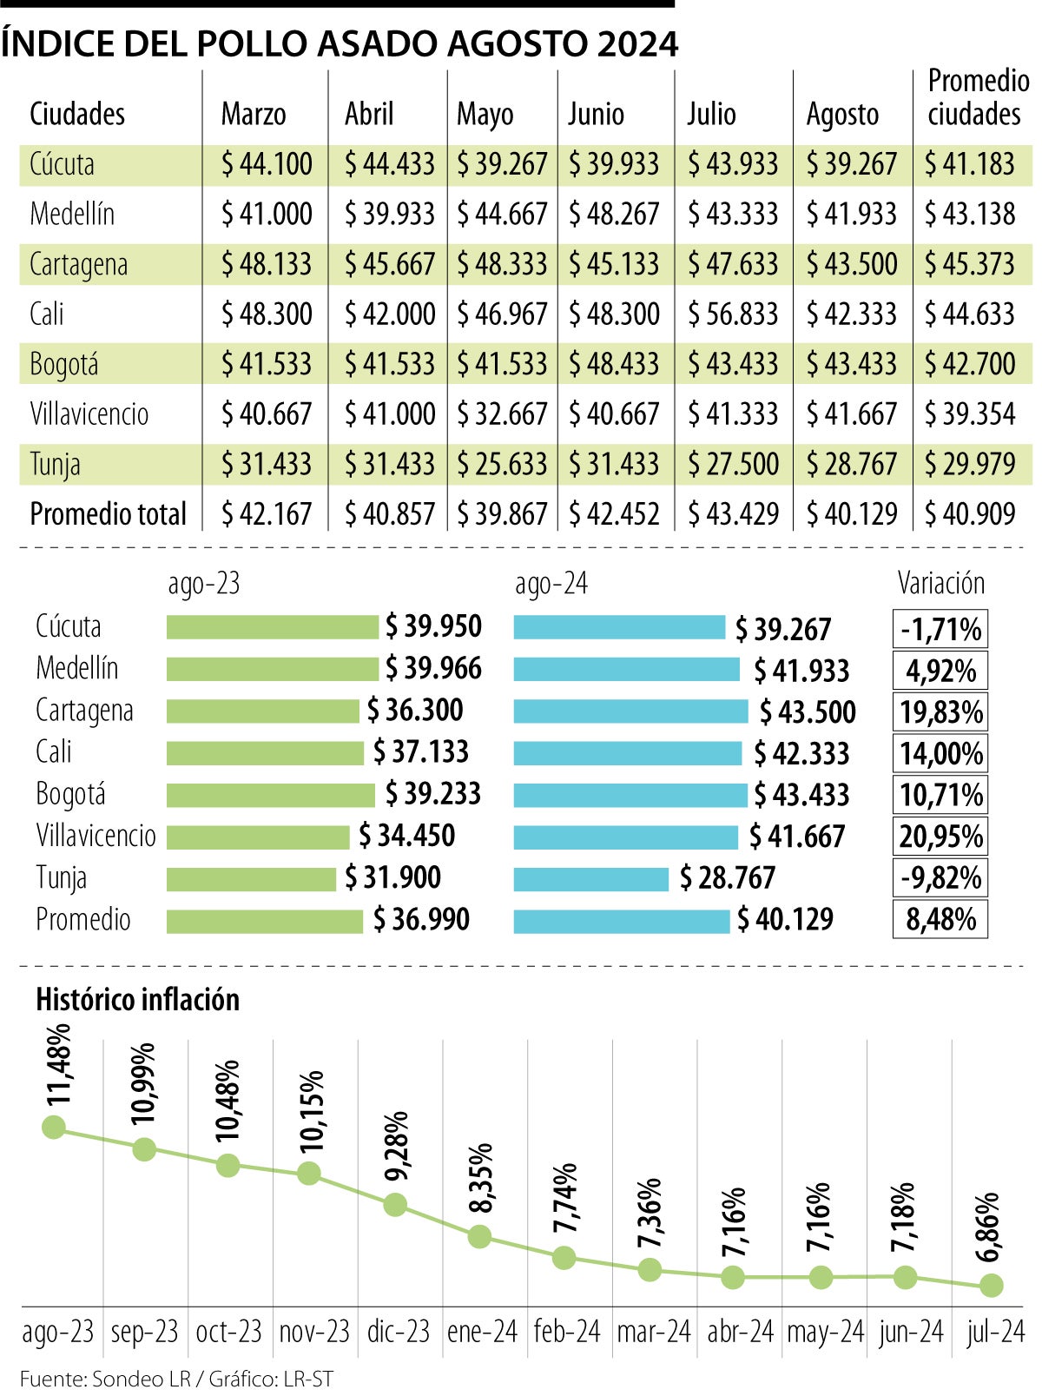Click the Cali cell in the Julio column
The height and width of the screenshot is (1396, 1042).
pyautogui.click(x=733, y=314)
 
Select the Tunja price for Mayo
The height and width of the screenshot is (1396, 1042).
pyautogui.click(x=503, y=465)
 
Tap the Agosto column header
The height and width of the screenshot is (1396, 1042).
pyautogui.click(x=842, y=115)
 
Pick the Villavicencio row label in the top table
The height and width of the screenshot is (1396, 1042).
pyautogui.click(x=89, y=414)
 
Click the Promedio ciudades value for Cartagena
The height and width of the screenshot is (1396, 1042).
pyautogui.click(x=970, y=265)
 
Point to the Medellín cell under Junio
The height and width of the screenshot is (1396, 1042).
pyautogui.click(x=614, y=215)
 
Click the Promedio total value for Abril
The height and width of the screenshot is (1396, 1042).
pyautogui.click(x=389, y=514)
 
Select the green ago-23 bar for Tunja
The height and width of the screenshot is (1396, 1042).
pyautogui.click(x=251, y=879)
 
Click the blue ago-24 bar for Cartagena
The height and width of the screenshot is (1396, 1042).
pyautogui.click(x=630, y=711)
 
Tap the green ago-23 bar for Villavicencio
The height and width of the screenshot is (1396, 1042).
pyautogui.click(x=258, y=837)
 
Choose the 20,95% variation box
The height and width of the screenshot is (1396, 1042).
pyautogui.click(x=940, y=837)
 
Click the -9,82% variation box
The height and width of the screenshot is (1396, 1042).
pyautogui.click(x=940, y=878)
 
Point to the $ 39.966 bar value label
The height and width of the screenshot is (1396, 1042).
pyautogui.click(x=432, y=669)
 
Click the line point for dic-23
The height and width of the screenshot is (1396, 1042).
pyautogui.click(x=395, y=1205)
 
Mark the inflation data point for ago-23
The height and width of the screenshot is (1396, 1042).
pyautogui.click(x=54, y=1128)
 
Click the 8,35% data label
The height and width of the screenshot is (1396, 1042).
pyautogui.click(x=482, y=1178)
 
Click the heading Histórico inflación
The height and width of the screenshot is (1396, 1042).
pyautogui.click(x=137, y=1000)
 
